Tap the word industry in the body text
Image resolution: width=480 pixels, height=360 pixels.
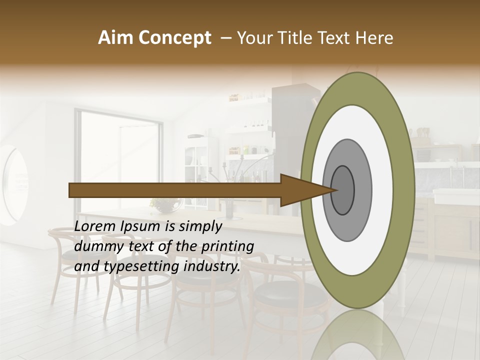212,266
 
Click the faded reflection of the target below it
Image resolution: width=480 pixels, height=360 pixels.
358,335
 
